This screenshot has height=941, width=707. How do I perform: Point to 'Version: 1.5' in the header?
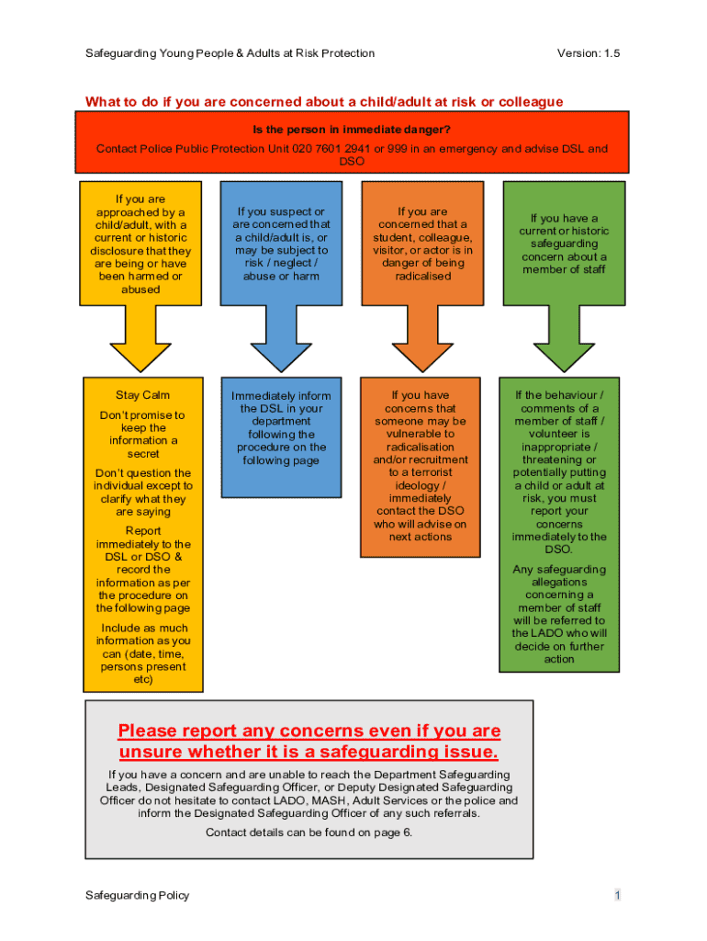(x=588, y=53)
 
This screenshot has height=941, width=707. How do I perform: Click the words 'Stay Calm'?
(x=142, y=395)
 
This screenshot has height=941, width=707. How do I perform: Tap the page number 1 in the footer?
(x=619, y=895)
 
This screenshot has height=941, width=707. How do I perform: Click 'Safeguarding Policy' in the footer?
(x=137, y=895)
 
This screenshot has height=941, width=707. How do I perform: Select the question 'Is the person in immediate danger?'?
(x=353, y=130)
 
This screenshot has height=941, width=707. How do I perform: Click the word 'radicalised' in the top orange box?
(x=422, y=276)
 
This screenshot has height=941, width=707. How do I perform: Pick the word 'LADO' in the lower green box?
(x=532, y=633)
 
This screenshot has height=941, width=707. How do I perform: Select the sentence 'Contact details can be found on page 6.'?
(x=309, y=833)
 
